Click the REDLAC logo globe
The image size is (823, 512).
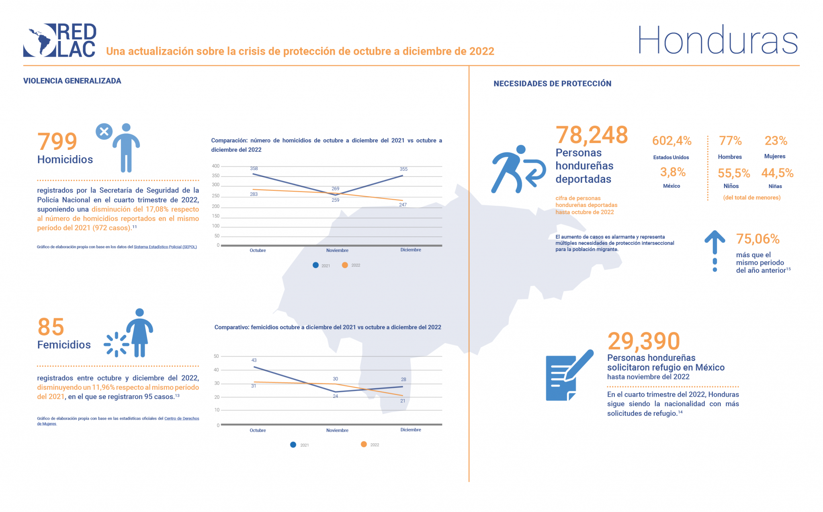40,40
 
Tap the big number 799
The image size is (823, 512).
57,141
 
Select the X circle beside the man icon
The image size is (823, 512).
104,131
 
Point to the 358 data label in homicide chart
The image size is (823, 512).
254,168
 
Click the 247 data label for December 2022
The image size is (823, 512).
403,205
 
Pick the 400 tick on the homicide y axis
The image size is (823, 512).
216,166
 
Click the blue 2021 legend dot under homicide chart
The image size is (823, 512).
316,265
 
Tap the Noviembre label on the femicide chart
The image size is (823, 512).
337,430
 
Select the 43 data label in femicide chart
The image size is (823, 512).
254,360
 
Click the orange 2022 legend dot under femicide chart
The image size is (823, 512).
364,444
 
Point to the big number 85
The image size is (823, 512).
51,327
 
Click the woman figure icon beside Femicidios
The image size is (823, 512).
139,333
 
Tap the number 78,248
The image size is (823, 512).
592,135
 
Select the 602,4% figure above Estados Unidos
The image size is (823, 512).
672,141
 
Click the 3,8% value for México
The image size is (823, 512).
673,172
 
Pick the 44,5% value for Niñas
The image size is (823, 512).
777,173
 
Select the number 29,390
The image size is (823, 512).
643,341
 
